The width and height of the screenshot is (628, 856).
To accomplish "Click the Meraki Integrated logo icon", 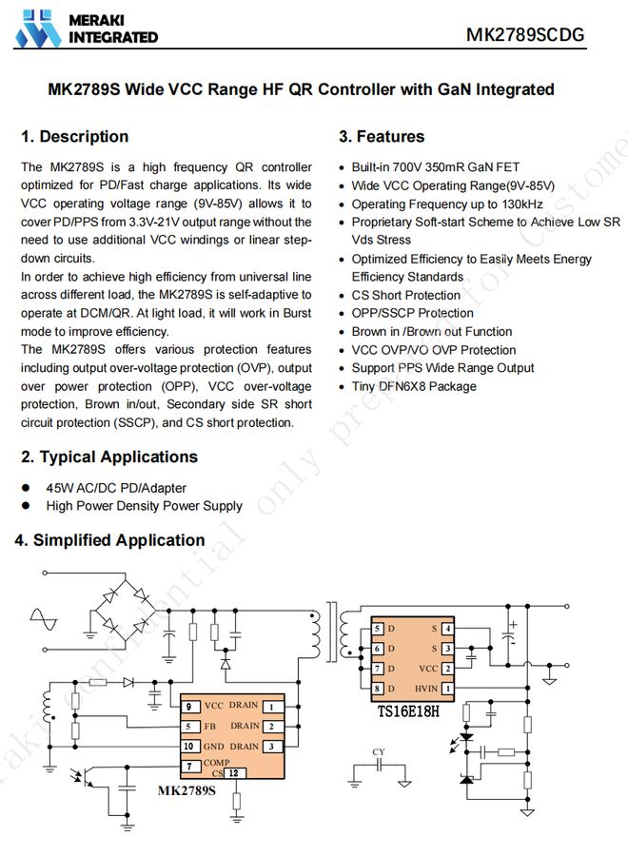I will pyautogui.click(x=39, y=29).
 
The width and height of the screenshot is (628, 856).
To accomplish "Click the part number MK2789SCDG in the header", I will pyautogui.click(x=524, y=35).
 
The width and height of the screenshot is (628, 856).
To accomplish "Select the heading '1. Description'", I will pyautogui.click(x=74, y=137).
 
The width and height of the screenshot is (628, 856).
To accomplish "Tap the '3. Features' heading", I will pyautogui.click(x=382, y=137).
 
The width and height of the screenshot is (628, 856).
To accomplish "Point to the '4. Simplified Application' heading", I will pyautogui.click(x=109, y=540).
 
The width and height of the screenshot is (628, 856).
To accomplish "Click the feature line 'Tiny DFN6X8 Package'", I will pyautogui.click(x=414, y=386).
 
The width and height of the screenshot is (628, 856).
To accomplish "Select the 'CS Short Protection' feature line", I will pyautogui.click(x=405, y=295).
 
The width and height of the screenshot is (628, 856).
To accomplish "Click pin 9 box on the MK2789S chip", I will pyautogui.click(x=190, y=707).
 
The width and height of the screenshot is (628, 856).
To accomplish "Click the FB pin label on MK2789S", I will pyautogui.click(x=210, y=727).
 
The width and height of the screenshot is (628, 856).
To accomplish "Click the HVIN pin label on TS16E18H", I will pyautogui.click(x=425, y=688).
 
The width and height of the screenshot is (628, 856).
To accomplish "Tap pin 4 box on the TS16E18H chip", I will pyautogui.click(x=447, y=629).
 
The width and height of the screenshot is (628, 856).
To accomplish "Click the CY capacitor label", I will pyautogui.click(x=379, y=752).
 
